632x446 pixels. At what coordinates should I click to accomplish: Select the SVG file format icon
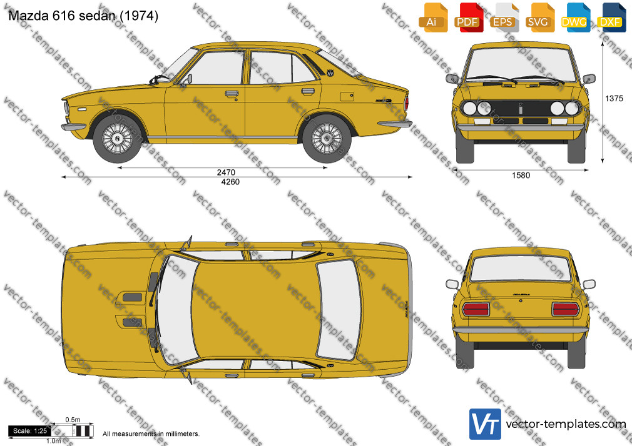pyautogui.click(x=539, y=17)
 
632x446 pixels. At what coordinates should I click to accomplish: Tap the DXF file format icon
pyautogui.click(x=611, y=17)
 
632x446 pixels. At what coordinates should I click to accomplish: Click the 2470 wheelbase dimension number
pyautogui.click(x=226, y=172)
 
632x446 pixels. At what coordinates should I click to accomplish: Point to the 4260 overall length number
pyautogui.click(x=230, y=182)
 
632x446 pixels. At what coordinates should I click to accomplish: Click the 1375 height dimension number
pyautogui.click(x=614, y=98)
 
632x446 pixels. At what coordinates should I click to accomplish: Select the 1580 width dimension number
pyautogui.click(x=521, y=175)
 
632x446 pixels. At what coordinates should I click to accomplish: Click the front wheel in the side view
pyautogui.click(x=118, y=139)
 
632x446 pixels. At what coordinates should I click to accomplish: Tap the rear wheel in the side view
pyautogui.click(x=327, y=139)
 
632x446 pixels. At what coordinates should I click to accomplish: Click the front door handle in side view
pyautogui.click(x=232, y=94)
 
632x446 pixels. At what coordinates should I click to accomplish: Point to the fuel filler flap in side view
pyautogui.click(x=347, y=97)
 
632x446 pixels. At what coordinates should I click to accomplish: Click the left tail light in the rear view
pyautogui.click(x=476, y=309)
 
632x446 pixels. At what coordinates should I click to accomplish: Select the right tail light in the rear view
pyautogui.click(x=566, y=309)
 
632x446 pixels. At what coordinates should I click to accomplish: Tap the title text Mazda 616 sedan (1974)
pyautogui.click(x=83, y=16)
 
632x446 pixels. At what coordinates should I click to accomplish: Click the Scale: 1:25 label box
pyautogui.click(x=30, y=431)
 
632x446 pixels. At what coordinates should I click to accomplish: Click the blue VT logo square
pyautogui.click(x=486, y=424)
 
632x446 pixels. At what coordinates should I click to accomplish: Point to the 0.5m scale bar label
pyautogui.click(x=73, y=420)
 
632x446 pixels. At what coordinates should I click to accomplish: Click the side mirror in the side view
pyautogui.click(x=188, y=79)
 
